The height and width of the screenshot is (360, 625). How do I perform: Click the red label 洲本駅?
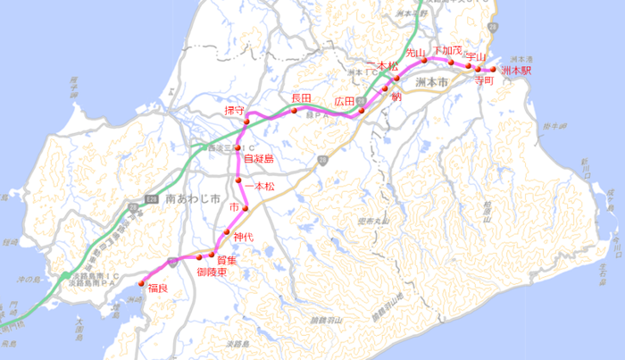coord(516,70)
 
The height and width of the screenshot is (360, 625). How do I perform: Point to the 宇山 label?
coord(476,56)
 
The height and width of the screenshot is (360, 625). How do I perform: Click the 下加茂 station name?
coord(447,49)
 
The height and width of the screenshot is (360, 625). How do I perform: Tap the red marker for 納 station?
coord(385,88)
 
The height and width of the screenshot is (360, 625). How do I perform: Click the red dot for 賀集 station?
coord(212,253)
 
